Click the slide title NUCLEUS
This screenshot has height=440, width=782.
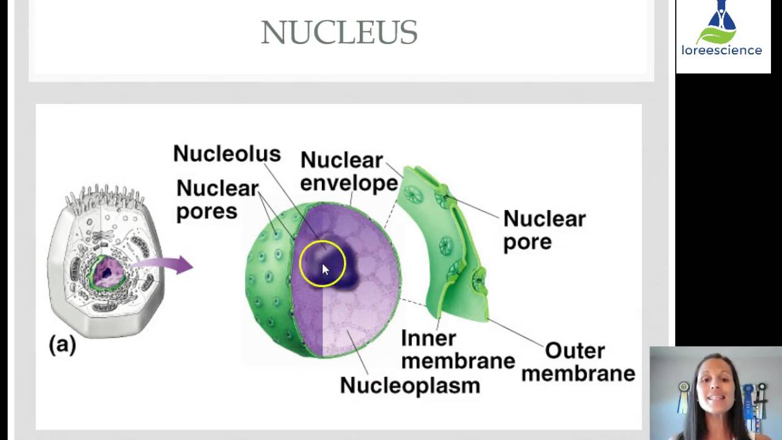pyautogui.click(x=339, y=32)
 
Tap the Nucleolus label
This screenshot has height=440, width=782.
pyautogui.click(x=227, y=153)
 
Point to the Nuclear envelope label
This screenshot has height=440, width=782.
pyautogui.click(x=348, y=172)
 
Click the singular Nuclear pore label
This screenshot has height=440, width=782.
pyautogui.click(x=543, y=230)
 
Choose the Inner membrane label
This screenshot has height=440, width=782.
pyautogui.click(x=458, y=350)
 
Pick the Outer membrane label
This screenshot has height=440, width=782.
pyautogui.click(x=577, y=362)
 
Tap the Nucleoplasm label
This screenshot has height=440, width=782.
pyautogui.click(x=409, y=386)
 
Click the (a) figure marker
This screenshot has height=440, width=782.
pyautogui.click(x=62, y=345)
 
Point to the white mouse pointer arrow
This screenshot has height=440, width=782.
pyautogui.click(x=325, y=270)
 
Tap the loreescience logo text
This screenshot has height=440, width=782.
pyautogui.click(x=722, y=51)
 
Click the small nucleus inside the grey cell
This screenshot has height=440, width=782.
pyautogui.click(x=107, y=273)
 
